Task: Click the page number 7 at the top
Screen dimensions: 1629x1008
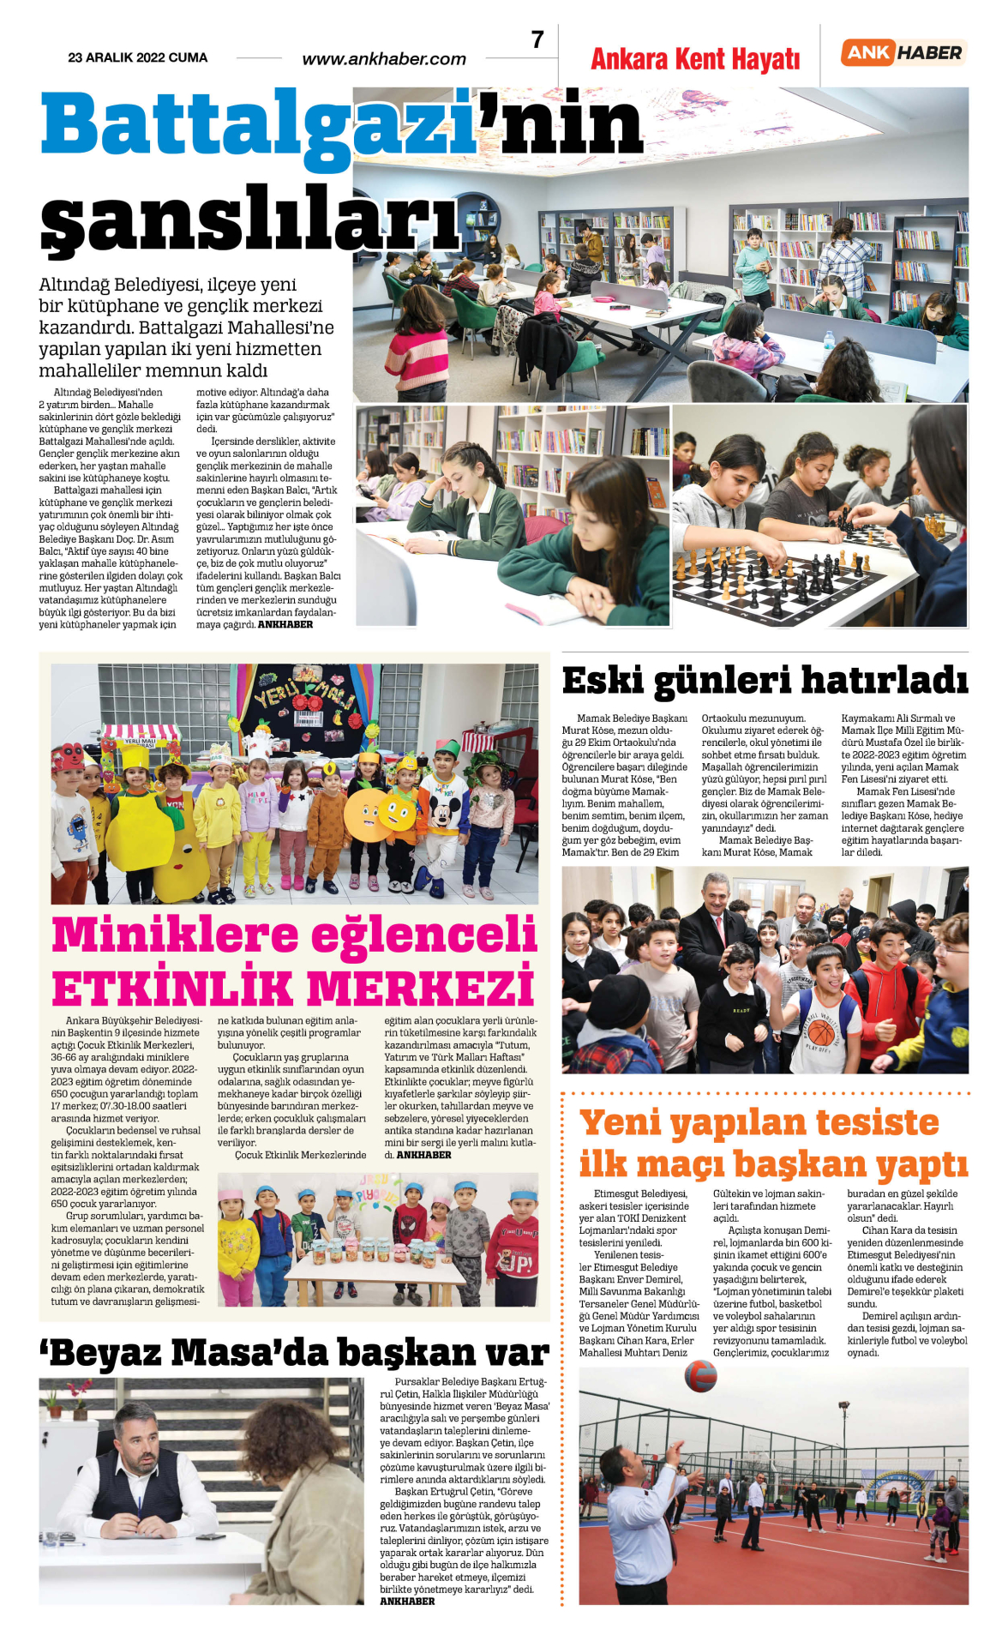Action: pos(537,40)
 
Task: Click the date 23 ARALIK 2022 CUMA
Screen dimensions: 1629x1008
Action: pos(137,57)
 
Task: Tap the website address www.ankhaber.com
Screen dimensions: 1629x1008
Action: pos(384,59)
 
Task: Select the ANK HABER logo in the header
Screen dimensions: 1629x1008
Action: pos(903,53)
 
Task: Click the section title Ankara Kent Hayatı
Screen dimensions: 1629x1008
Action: pos(695,59)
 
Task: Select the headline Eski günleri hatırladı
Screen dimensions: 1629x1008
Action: pos(765,680)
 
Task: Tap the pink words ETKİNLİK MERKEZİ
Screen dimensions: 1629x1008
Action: pos(293,988)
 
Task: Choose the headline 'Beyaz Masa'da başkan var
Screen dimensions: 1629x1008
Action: pos(293,1354)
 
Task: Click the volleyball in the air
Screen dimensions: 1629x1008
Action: pos(700,1376)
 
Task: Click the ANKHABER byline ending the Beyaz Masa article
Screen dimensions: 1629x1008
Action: pos(407,1601)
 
